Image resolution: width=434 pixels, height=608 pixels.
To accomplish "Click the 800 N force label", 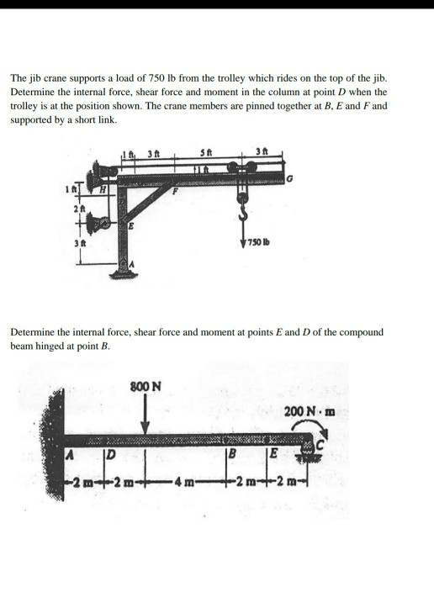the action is tap(146, 388).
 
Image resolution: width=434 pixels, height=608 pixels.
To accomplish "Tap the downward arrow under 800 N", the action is tap(146, 416).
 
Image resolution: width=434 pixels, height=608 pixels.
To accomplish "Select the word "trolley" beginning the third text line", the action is tap(24, 106).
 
